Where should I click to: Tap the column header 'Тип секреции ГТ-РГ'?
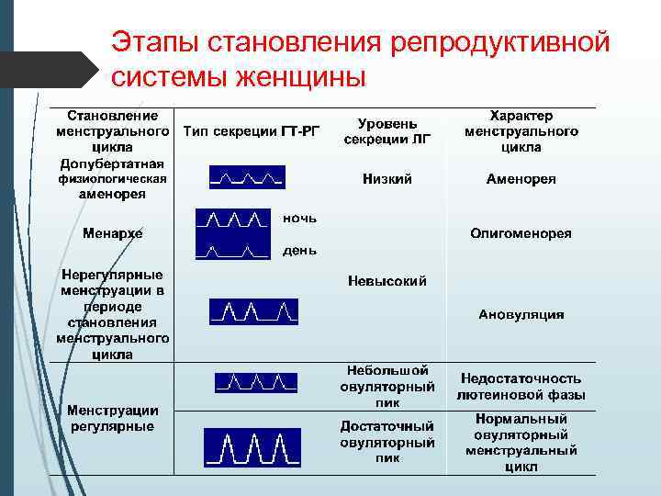pyautogui.click(x=251, y=130)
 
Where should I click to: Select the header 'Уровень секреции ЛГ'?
pyautogui.click(x=387, y=130)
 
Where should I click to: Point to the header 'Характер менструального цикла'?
pyautogui.click(x=521, y=130)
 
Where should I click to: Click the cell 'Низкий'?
pyautogui.click(x=387, y=179)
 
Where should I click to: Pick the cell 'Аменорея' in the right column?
pyautogui.click(x=521, y=179)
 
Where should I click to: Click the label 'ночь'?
pyautogui.click(x=300, y=218)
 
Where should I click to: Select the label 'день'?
pyautogui.click(x=300, y=250)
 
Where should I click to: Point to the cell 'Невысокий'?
pyautogui.click(x=387, y=281)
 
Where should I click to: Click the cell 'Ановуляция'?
pyautogui.click(x=521, y=314)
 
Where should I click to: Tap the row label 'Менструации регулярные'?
pyautogui.click(x=112, y=418)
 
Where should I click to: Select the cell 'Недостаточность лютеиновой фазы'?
pyautogui.click(x=521, y=387)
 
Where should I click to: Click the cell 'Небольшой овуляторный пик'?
pyautogui.click(x=387, y=386)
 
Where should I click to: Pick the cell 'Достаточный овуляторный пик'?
pyautogui.click(x=387, y=442)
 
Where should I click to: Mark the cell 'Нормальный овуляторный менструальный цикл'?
pyautogui.click(x=521, y=442)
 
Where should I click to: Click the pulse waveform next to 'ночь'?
pyautogui.click(x=234, y=220)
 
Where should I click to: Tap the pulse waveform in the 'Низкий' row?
pyautogui.click(x=247, y=176)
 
